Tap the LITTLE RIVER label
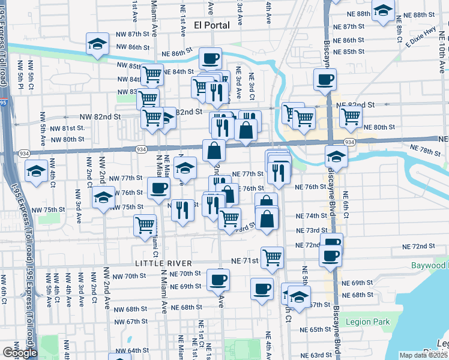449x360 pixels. point(163,263)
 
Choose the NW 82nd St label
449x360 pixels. point(101,117)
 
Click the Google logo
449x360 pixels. point(19,353)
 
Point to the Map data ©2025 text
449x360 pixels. point(424,355)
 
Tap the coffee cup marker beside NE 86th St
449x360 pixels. point(210,59)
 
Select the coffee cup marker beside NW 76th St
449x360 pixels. point(158,188)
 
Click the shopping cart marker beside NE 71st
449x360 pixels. point(273,257)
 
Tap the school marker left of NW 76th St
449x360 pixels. point(103,197)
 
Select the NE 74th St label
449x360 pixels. point(311,215)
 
